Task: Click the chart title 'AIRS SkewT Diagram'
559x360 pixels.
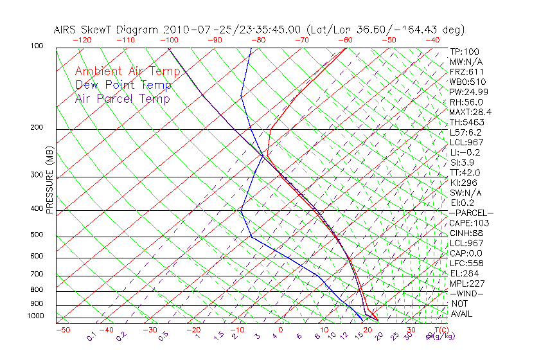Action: (x=107, y=30)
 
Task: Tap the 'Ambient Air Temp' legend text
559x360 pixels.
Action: (x=127, y=71)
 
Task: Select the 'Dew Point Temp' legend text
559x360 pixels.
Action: (x=123, y=85)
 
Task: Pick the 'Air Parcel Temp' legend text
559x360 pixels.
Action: (x=122, y=98)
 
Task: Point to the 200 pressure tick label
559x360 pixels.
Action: (x=37, y=128)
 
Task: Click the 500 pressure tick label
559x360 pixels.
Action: (x=37, y=235)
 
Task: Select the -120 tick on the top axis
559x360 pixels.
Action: (x=82, y=40)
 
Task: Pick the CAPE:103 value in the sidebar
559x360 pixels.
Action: (x=469, y=223)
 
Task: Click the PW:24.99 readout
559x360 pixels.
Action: (x=466, y=92)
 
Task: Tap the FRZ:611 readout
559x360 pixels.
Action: (x=466, y=72)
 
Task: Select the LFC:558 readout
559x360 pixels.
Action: (x=466, y=264)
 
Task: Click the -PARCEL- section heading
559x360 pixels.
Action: (x=471, y=213)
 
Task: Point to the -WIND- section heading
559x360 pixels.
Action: (x=467, y=293)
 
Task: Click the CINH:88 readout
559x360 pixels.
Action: (x=466, y=233)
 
